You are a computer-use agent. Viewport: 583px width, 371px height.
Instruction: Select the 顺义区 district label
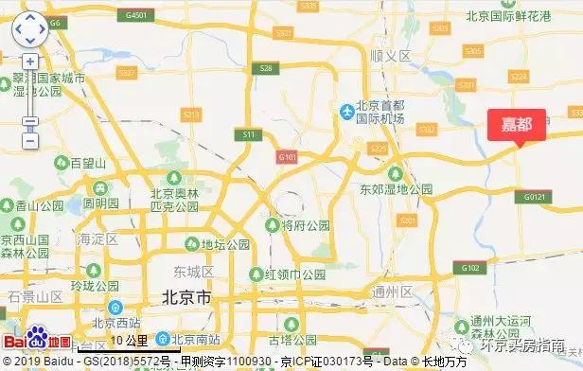[390, 57]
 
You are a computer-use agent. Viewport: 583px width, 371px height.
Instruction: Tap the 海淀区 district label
[97, 238]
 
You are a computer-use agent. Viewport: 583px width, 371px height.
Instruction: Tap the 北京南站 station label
[195, 338]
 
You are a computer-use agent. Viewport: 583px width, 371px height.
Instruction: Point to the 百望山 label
[88, 163]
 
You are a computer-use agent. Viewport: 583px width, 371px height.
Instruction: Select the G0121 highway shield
[536, 196]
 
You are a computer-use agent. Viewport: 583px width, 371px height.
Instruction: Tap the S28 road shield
[266, 68]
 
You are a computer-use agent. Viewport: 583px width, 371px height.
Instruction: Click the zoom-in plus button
[30, 61]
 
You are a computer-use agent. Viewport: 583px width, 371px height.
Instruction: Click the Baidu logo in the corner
[37, 341]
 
